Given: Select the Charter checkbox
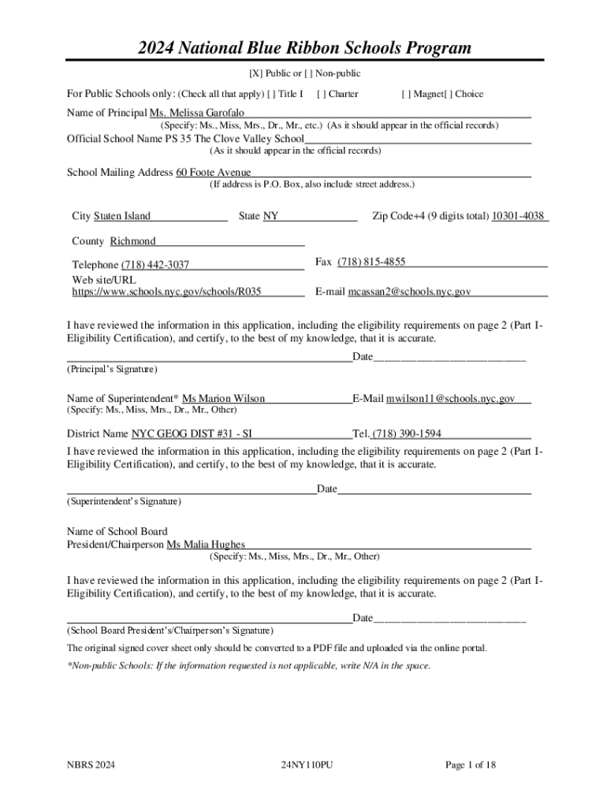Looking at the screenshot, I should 320,95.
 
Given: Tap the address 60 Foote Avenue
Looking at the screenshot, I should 213,173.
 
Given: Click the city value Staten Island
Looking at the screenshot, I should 121,216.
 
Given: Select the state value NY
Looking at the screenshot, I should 270,216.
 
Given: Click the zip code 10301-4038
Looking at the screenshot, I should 517,216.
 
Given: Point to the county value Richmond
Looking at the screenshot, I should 132,241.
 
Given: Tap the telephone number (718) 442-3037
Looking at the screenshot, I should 155,265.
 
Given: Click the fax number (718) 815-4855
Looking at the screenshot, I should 371,262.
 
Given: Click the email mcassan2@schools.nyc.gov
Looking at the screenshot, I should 409,292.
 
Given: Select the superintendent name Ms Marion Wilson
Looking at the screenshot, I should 223,399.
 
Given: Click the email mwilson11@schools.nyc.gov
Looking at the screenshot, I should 450,399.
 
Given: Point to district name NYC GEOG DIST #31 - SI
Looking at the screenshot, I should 192,433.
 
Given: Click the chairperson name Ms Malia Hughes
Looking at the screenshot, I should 205,545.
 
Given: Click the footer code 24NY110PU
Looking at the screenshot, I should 307,765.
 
